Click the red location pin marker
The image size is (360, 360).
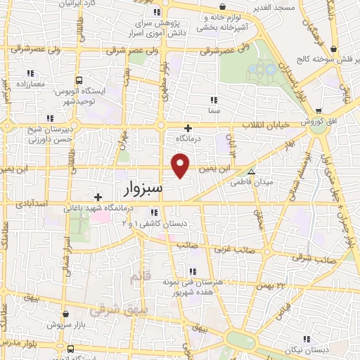pos(181,165)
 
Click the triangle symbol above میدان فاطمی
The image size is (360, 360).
pos(251,171)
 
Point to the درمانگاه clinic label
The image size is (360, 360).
pos(188,139)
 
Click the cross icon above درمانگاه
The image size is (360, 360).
pos(188,128)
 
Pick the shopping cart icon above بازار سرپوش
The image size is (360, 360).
pos(65,314)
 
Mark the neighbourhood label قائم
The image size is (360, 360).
pos(140,278)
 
